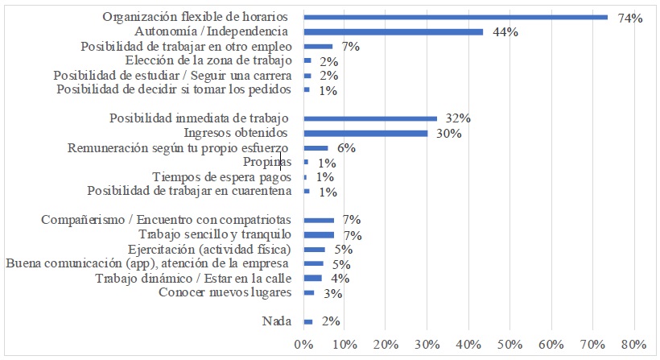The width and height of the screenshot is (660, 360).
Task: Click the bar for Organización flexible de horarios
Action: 456,17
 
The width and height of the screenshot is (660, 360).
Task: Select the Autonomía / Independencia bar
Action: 394,31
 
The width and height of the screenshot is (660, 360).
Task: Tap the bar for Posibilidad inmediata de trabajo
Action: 370,118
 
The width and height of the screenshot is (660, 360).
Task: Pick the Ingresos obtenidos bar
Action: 365,133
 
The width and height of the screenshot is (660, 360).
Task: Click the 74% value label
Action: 629,17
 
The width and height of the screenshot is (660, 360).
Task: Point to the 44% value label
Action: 505,32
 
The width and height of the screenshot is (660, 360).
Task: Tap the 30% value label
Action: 448,134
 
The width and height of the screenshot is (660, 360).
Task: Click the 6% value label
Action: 346,148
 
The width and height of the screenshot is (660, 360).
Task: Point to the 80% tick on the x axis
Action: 633,345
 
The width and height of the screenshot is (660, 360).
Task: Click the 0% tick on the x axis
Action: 303,345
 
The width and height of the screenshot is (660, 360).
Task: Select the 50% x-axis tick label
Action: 509,345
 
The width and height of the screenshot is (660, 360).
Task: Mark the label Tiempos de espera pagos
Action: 221,177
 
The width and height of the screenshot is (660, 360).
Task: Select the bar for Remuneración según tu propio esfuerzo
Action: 316,148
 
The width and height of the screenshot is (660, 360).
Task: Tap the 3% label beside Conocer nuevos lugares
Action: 333,293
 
